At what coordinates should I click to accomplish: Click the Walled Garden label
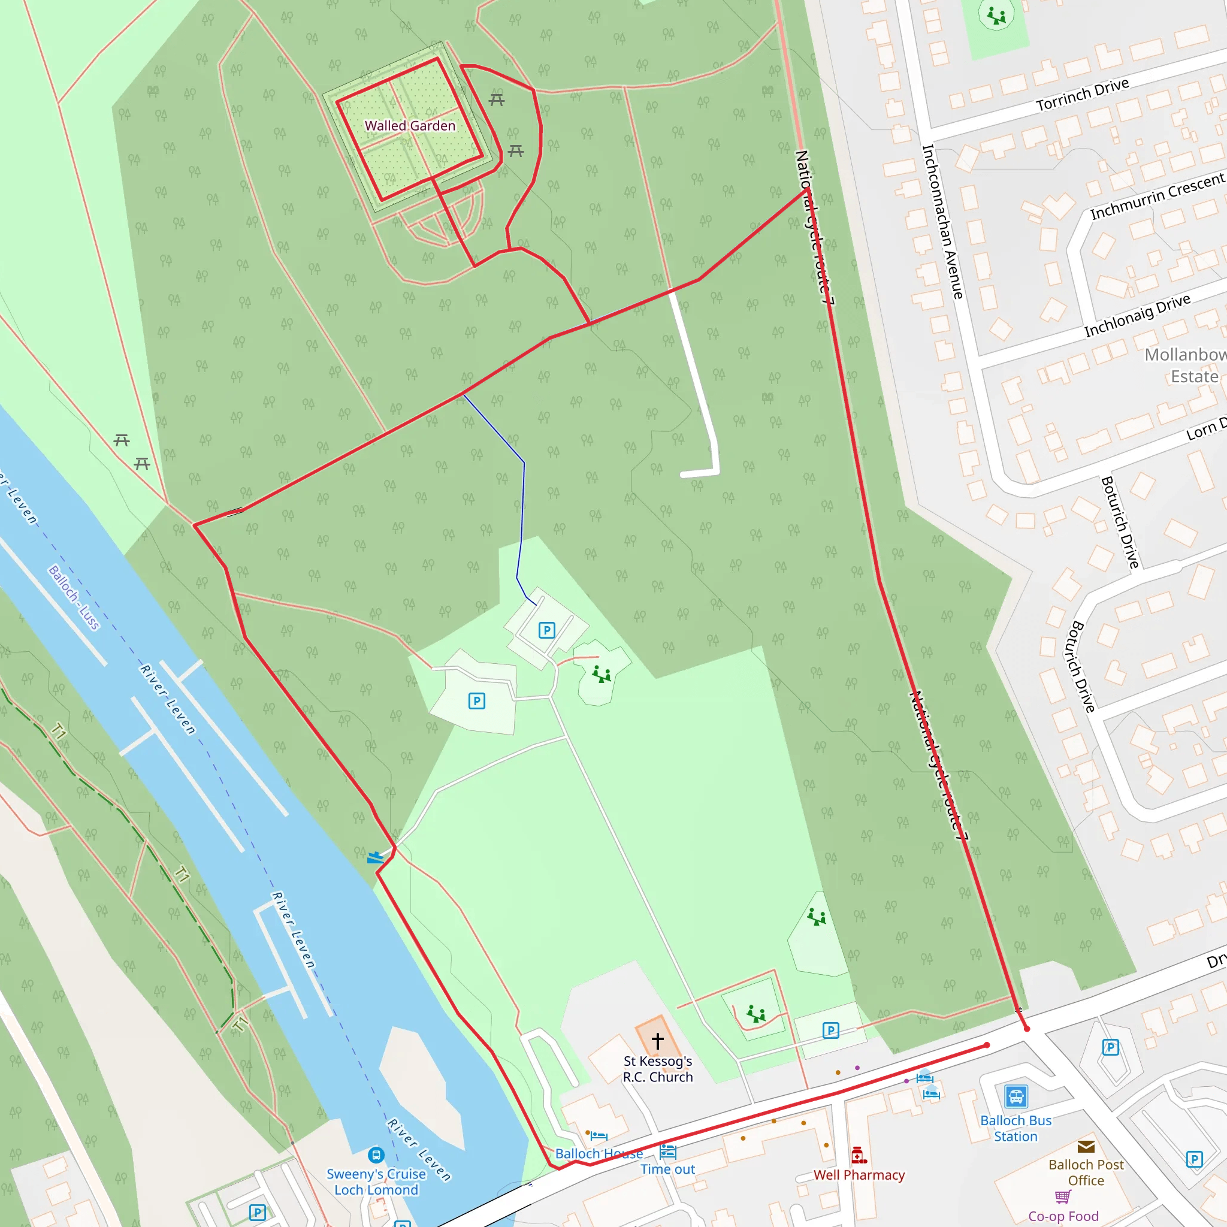[410, 126]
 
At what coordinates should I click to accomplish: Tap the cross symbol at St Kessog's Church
[657, 1041]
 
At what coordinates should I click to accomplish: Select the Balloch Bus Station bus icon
[1016, 1096]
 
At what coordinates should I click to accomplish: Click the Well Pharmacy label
[859, 1175]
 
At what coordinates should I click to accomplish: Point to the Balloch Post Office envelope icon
[1086, 1146]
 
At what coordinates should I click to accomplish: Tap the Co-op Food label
[1063, 1216]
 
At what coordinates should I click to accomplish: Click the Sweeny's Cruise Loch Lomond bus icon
[376, 1155]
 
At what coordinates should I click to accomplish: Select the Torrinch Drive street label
[1082, 95]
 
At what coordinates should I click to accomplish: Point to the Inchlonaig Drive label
[1137, 316]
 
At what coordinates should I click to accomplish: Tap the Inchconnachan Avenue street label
[942, 222]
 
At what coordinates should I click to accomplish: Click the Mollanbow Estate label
[1185, 365]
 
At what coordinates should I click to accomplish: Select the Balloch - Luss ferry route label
[74, 597]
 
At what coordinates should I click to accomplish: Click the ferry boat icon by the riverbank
[375, 857]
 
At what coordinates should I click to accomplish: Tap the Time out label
[667, 1169]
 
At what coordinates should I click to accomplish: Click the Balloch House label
[599, 1153]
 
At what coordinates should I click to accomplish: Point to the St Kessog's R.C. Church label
[657, 1069]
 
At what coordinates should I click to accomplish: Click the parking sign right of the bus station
[1194, 1160]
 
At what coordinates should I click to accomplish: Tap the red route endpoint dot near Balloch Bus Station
[987, 1045]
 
